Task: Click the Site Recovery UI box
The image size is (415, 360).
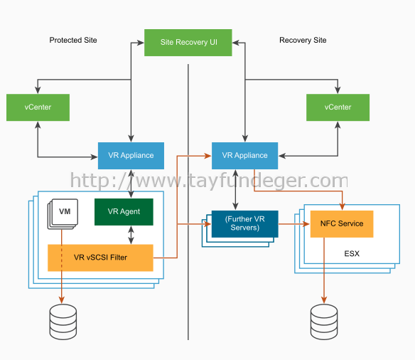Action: coord(188,43)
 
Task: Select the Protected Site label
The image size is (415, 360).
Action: coord(73,40)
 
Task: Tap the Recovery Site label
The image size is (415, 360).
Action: coord(303,40)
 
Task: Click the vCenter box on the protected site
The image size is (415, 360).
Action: coord(38,107)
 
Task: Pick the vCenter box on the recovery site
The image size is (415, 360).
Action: coord(338,107)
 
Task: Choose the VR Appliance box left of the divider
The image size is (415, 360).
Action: coord(131,156)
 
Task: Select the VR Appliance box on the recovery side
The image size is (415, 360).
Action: coord(245,156)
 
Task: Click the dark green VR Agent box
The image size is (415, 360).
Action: coord(124,211)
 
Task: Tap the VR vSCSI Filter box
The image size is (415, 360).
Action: coord(100,258)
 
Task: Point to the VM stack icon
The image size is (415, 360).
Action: coord(63,213)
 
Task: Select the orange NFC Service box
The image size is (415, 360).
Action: coord(342,224)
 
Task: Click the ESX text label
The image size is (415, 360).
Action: coord(352,253)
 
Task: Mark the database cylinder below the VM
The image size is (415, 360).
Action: coord(63,322)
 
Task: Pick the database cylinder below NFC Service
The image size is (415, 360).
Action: coord(324,322)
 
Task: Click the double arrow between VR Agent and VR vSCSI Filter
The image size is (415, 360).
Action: coord(131,235)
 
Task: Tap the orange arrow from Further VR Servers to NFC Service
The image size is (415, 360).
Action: coord(294,224)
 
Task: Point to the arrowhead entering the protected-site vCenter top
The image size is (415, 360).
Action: coord(38,90)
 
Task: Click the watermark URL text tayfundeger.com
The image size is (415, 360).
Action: coord(209,181)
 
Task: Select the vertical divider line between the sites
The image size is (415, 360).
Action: coord(188,202)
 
